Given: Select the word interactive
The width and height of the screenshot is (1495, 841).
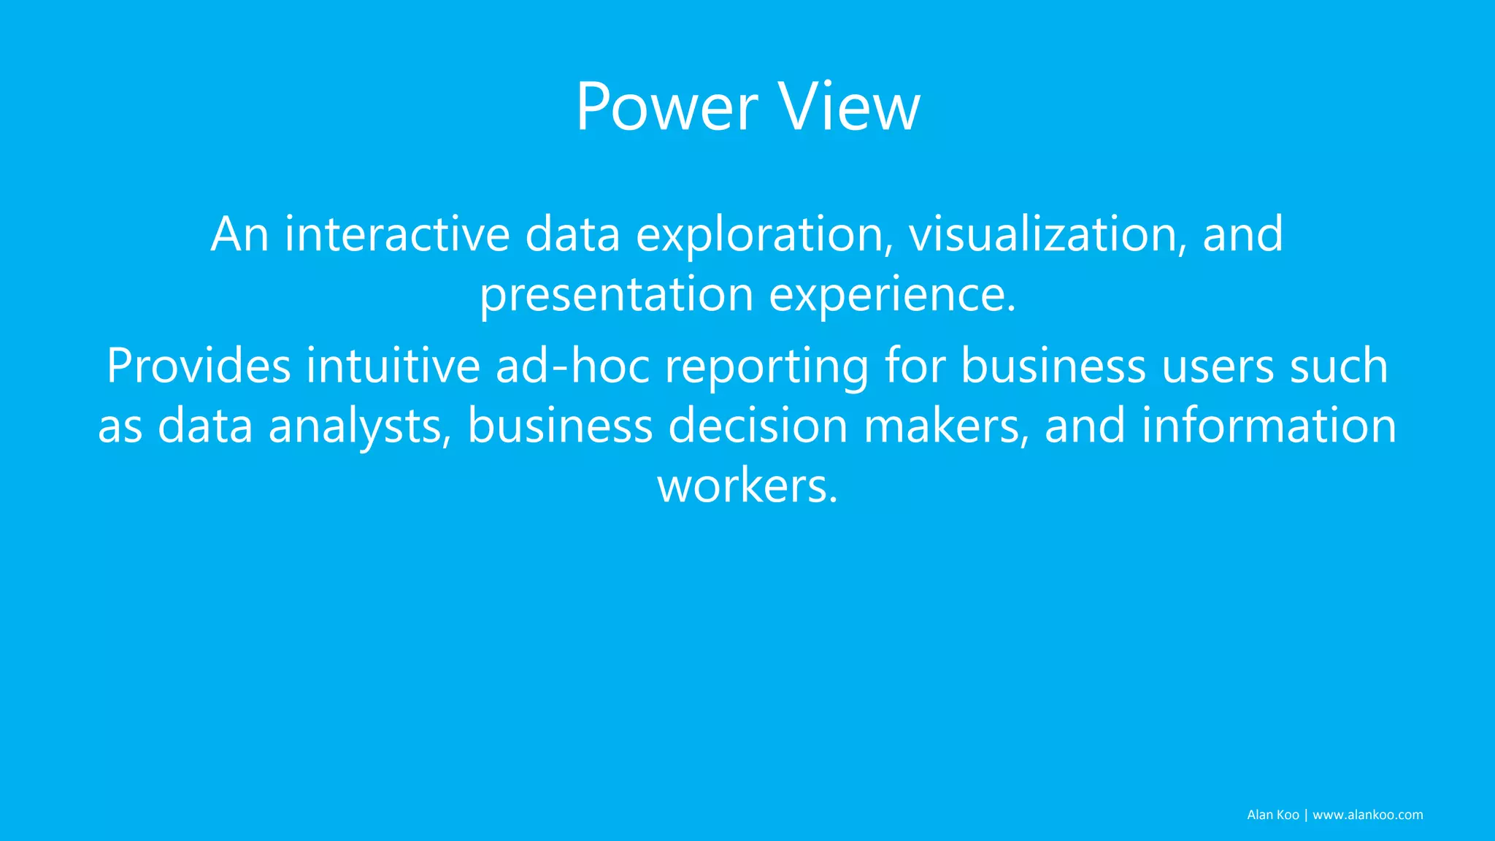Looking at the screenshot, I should [x=396, y=234].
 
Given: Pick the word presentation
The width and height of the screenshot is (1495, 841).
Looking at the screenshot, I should [x=616, y=296].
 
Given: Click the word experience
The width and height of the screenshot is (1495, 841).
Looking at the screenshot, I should [x=892, y=296].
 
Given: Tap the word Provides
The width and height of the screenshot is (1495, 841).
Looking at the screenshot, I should [x=199, y=366].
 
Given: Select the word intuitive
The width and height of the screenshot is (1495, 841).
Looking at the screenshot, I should [x=393, y=366].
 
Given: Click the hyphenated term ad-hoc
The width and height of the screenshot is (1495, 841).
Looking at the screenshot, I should [x=572, y=366].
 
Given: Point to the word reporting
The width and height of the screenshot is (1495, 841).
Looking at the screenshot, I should [x=766, y=367].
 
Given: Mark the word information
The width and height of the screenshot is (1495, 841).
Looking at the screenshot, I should [x=1269, y=426].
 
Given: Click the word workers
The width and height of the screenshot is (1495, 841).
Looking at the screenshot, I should [x=747, y=486].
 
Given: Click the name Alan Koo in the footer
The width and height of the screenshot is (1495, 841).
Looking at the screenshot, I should [x=1272, y=815].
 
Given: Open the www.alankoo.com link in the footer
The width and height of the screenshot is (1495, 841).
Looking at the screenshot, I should [x=1367, y=815].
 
